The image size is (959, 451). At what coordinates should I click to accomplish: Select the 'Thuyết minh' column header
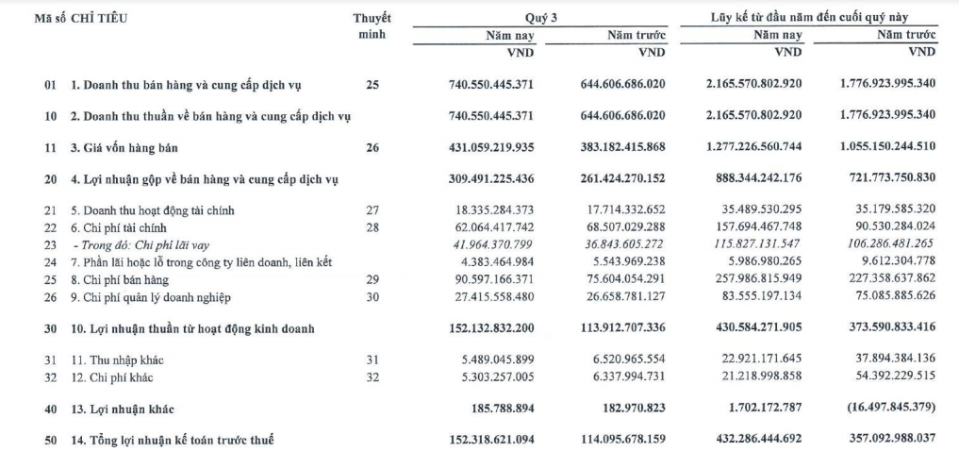tap(372, 26)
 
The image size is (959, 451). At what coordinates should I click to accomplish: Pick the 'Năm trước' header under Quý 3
tap(637, 36)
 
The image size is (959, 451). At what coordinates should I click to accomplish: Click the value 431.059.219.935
tap(491, 147)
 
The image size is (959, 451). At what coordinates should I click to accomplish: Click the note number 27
tap(372, 210)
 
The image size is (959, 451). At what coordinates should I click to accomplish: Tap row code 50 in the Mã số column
tap(50, 439)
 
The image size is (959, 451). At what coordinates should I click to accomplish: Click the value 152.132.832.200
tap(491, 328)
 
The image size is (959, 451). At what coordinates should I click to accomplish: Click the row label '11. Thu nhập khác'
tap(116, 360)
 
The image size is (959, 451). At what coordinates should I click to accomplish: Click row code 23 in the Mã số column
tap(50, 245)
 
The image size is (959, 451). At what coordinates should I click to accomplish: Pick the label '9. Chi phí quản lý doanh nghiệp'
tap(141, 297)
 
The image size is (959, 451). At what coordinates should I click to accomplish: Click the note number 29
tap(372, 280)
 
